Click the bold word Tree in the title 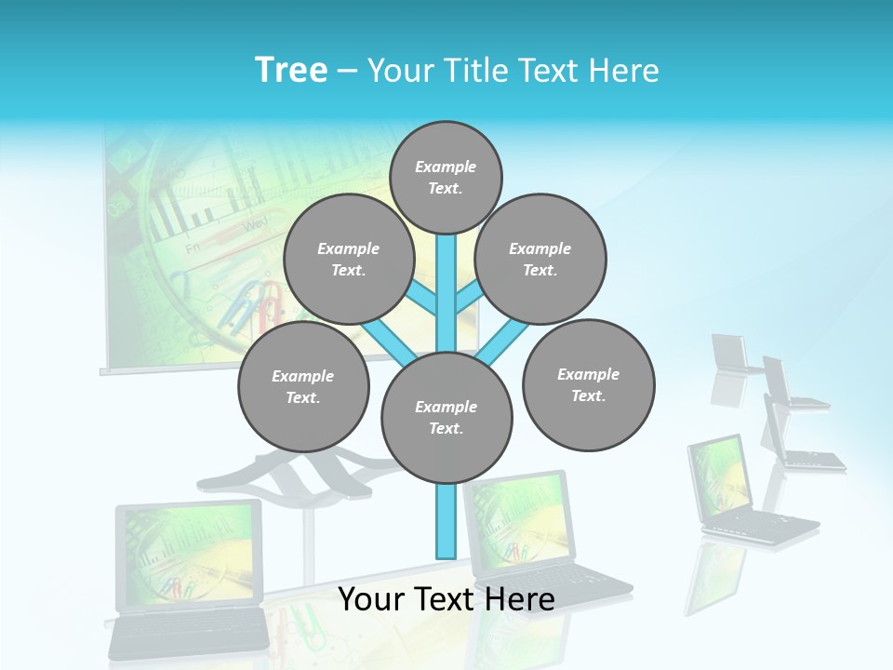coord(291,70)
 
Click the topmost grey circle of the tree coord(446,177)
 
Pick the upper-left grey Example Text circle coord(348,259)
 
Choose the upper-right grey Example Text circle coord(540,259)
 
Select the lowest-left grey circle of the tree coord(303,386)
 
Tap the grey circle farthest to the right coord(588,384)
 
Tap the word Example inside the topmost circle coord(446,167)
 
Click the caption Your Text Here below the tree coord(446,599)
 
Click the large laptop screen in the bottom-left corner coord(189,556)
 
